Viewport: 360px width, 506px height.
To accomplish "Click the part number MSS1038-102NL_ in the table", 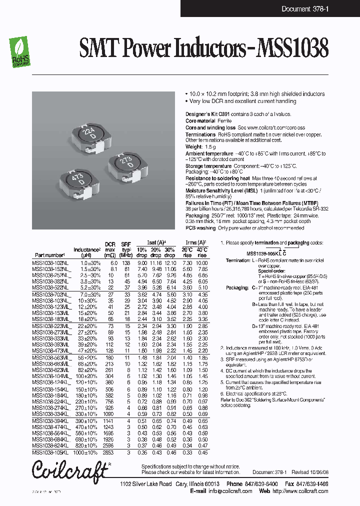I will pos(51,263).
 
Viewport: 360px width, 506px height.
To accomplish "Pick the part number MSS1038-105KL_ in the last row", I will pos(51,452).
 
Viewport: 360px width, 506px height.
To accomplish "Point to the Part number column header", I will pos(50,255).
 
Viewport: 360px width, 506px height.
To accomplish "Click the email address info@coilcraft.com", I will pos(230,491).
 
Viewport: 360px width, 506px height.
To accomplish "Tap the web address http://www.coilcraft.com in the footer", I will pos(305,491).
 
